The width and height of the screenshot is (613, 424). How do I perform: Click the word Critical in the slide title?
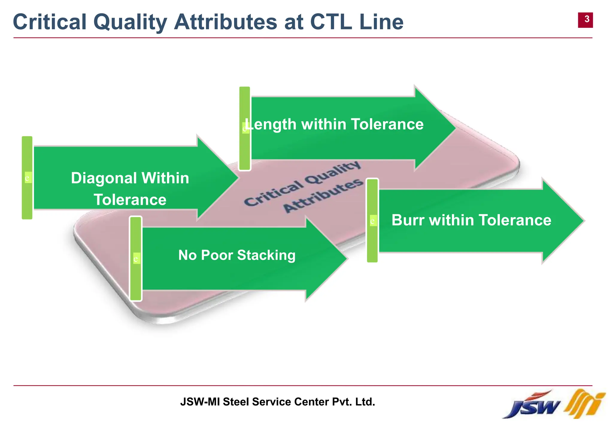[50, 22]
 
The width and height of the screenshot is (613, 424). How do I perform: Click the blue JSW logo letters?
[531, 407]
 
